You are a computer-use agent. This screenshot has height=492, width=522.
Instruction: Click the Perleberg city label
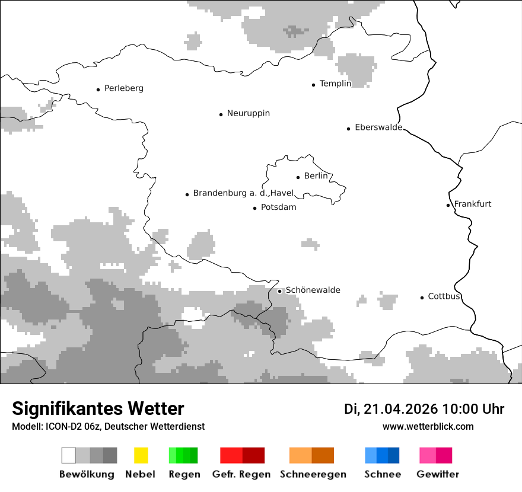(x=123, y=88)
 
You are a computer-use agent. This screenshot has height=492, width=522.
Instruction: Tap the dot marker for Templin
(x=313, y=85)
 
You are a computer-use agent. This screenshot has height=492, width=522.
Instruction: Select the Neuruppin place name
(x=248, y=113)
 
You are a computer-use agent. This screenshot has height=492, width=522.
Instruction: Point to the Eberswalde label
(x=378, y=127)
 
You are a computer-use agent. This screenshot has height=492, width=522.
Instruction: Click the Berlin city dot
(x=298, y=177)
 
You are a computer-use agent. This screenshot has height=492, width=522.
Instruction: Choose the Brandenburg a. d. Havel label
(x=243, y=193)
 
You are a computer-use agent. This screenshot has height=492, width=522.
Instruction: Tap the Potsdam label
(x=278, y=207)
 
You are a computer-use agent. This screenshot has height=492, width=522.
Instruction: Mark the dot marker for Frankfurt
(x=448, y=205)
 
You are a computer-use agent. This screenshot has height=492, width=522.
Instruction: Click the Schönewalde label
(x=313, y=290)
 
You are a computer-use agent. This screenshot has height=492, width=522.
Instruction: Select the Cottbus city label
(x=444, y=296)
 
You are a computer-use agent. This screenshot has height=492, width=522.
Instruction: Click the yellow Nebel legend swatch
(x=141, y=455)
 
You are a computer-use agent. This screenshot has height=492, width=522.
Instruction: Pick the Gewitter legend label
(x=437, y=474)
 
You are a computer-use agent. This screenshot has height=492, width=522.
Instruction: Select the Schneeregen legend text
(x=313, y=474)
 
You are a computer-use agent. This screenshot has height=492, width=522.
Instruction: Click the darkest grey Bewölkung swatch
(x=110, y=455)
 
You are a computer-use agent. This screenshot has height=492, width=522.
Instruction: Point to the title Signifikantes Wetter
(x=98, y=408)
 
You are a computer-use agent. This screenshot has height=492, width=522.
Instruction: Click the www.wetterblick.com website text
(x=428, y=426)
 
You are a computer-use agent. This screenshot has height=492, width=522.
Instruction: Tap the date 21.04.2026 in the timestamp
(x=400, y=409)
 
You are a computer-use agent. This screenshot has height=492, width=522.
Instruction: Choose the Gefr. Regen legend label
(x=241, y=474)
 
